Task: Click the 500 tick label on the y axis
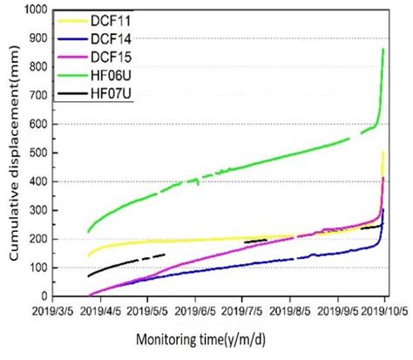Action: click(37, 153)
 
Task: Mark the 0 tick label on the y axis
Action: click(44, 295)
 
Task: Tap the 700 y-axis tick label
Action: click(37, 96)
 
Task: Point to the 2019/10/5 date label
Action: click(389, 310)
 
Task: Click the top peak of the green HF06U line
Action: click(383, 50)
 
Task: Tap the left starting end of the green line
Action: click(89, 232)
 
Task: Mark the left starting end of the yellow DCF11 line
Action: click(89, 256)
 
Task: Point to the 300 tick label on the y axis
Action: click(37, 210)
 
